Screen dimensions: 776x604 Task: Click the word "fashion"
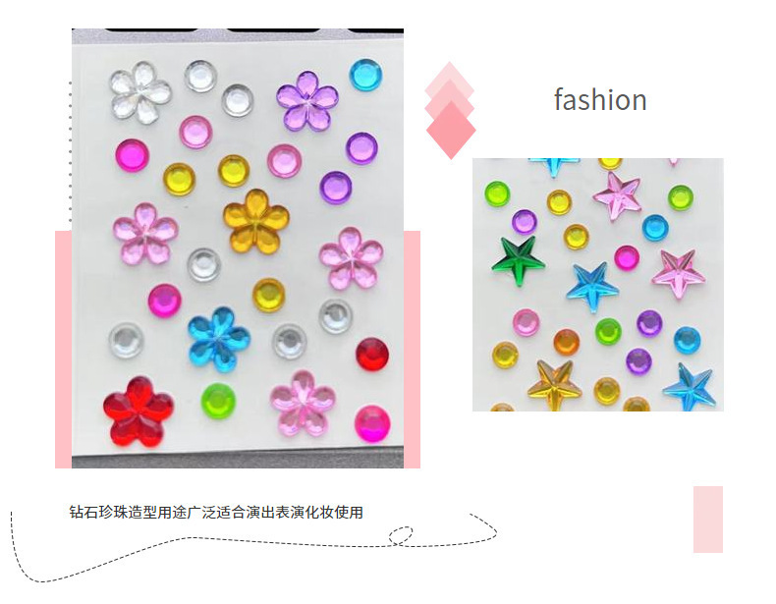[x=599, y=100]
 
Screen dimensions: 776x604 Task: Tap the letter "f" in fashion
[x=559, y=99]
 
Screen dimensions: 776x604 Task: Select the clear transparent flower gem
[x=139, y=91]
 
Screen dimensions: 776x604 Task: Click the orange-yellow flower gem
[x=254, y=218]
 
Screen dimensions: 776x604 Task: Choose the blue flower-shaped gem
[x=218, y=339]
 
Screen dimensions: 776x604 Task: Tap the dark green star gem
[x=518, y=260]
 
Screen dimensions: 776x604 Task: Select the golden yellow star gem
[x=554, y=384]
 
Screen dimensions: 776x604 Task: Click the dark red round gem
[x=372, y=354]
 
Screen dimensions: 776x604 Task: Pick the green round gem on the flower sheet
[x=218, y=401]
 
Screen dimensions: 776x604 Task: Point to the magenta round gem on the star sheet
[x=627, y=257]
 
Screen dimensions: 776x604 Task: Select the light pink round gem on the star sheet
[x=527, y=322]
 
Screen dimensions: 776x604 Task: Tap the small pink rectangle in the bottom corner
[x=707, y=519]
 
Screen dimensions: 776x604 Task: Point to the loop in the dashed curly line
[x=401, y=535]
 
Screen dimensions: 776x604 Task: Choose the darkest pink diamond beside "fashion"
[x=451, y=130]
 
